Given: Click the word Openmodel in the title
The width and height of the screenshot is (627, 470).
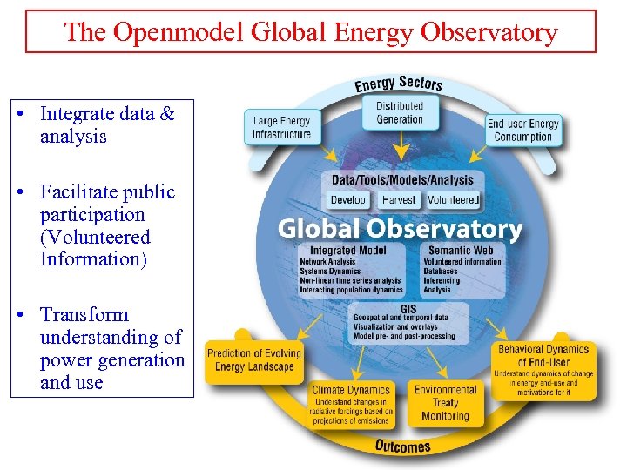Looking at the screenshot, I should [177, 32].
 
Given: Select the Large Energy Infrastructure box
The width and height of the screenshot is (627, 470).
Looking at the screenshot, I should [281, 128].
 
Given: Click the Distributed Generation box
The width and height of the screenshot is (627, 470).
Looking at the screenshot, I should [400, 113].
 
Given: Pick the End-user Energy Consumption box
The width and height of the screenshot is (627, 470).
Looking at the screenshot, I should [523, 130].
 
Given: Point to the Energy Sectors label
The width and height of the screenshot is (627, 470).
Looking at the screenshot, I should [398, 84].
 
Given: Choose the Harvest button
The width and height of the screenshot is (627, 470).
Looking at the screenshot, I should [400, 200].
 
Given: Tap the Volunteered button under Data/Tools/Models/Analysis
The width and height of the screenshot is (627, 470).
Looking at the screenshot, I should [454, 200].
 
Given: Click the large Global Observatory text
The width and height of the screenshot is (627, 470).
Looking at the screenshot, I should [400, 229].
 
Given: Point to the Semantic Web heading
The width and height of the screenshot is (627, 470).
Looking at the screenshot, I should [461, 251].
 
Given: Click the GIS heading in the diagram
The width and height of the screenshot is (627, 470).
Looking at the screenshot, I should [408, 309].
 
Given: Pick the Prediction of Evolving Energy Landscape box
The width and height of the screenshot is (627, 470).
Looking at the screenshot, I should [253, 360].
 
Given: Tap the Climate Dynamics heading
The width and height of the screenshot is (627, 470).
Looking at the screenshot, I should [351, 390].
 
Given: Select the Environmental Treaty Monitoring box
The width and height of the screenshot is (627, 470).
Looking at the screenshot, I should [445, 403].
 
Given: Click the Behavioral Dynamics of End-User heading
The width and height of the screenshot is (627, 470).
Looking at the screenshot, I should [543, 356].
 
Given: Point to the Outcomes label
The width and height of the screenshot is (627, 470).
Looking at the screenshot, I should [402, 446].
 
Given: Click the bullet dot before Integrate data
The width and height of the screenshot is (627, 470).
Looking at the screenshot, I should [30, 114].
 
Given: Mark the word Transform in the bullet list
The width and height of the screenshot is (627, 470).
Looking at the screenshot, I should [84, 315].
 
